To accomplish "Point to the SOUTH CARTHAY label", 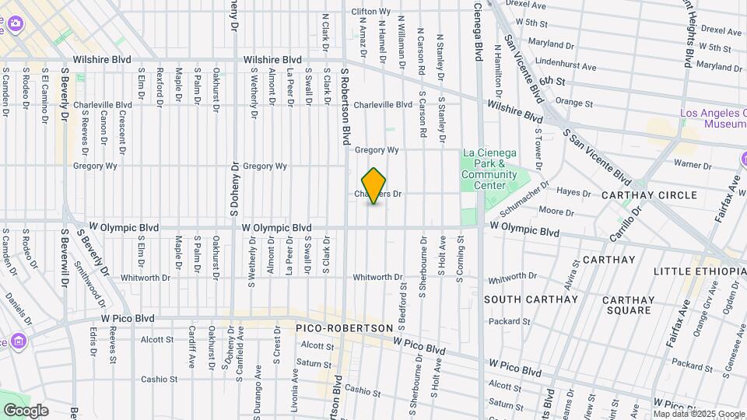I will coord(531,299).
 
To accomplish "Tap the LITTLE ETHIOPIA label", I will coord(699,271).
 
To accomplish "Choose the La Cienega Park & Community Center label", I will coord(489,163).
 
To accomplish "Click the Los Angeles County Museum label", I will coord(713,118).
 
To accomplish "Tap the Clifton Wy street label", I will coord(370,12).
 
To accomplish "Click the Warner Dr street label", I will coord(687,164).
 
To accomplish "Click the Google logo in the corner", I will coord(26,410).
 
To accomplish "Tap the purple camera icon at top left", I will coord(14,23).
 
